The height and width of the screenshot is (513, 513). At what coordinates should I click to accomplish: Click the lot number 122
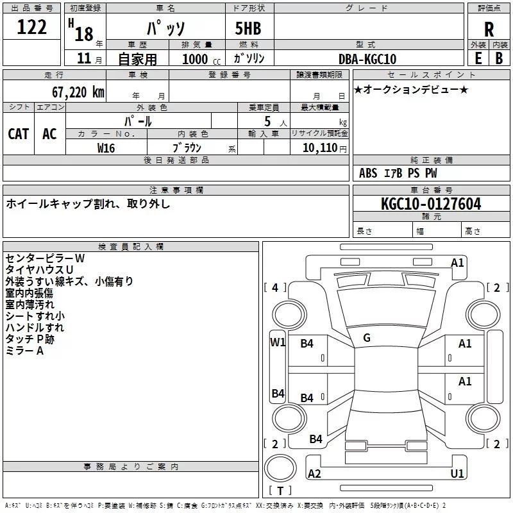32,28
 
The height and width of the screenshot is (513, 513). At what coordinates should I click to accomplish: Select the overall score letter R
489,29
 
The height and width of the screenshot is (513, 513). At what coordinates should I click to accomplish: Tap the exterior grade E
478,58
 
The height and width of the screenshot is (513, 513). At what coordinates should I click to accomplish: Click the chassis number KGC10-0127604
431,204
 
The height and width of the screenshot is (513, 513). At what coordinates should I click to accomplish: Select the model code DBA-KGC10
367,59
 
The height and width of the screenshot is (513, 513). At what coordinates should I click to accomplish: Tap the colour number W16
106,147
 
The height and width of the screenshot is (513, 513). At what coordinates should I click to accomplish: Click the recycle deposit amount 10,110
318,147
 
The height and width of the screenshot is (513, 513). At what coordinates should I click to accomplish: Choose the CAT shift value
19,134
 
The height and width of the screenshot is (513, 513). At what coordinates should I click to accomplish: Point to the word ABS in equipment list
368,173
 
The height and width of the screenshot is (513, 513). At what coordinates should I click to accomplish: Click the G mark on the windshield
367,338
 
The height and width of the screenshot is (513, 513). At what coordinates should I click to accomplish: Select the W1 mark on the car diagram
278,342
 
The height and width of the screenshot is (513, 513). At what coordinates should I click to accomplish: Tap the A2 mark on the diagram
314,473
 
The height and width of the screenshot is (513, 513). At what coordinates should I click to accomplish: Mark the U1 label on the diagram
457,473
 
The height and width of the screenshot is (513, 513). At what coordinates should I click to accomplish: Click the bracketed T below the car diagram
280,491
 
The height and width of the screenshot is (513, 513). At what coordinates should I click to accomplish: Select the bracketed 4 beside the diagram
275,288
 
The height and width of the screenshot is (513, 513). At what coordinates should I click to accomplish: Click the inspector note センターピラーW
45,258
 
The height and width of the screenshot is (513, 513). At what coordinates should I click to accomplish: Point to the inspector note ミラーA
24,351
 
